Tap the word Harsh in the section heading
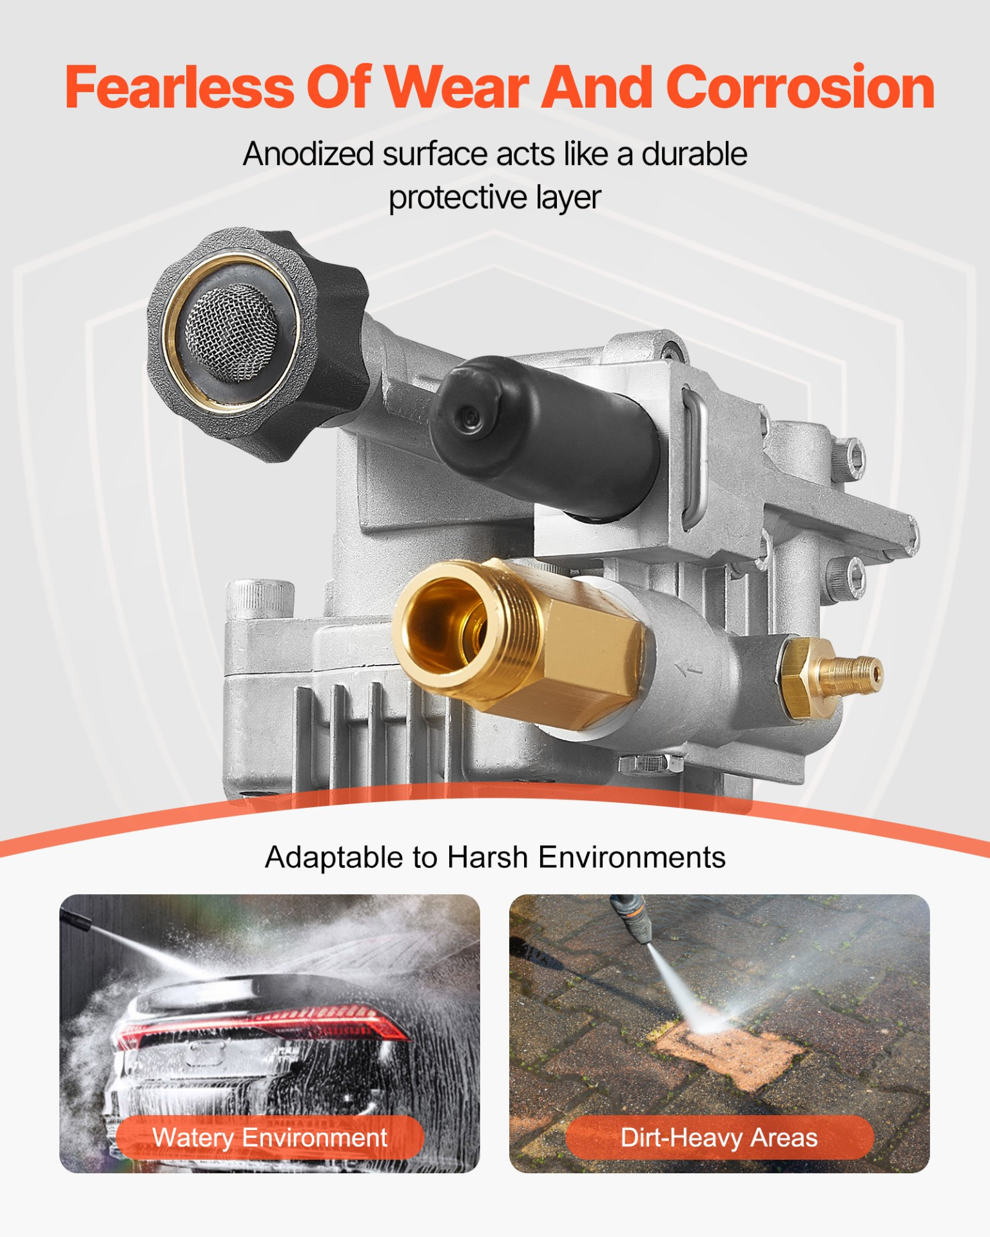point(488,858)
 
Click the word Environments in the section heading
point(632,858)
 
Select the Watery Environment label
point(270,1138)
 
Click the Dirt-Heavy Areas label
point(719,1138)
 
